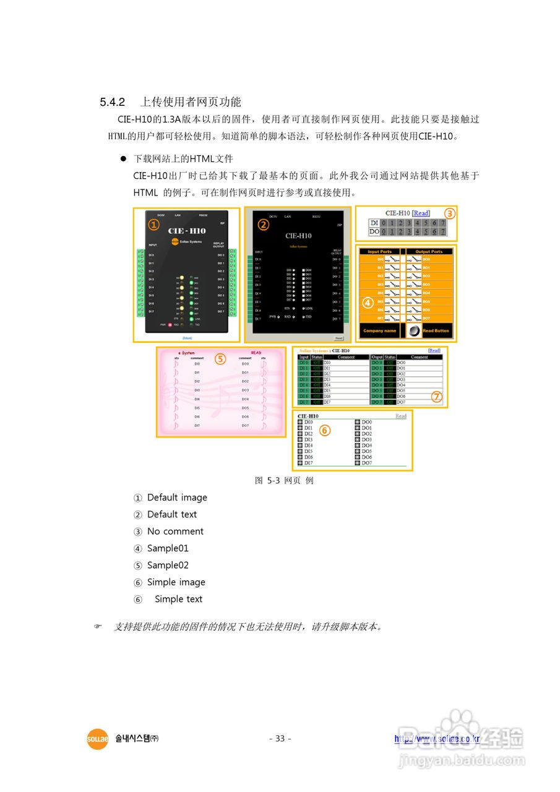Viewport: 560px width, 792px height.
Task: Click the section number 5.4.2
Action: [x=113, y=102]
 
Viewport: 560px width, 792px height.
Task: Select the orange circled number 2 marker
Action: [x=264, y=225]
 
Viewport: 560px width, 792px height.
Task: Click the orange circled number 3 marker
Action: [x=450, y=213]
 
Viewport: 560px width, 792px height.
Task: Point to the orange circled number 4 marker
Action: [x=368, y=303]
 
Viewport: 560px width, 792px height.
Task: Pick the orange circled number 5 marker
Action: [x=219, y=358]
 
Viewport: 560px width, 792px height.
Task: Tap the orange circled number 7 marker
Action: [x=437, y=397]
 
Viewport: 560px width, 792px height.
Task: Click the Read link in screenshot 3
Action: [x=421, y=213]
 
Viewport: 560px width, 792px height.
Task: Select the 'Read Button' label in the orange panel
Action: [x=436, y=331]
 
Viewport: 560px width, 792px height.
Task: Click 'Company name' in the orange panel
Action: [x=379, y=331]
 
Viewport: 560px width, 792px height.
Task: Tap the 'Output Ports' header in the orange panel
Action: [x=429, y=252]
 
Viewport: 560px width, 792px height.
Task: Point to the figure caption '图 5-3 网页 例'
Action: [x=284, y=480]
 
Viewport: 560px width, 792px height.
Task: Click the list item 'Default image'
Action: [x=177, y=497]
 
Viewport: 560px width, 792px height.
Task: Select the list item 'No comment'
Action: [x=175, y=532]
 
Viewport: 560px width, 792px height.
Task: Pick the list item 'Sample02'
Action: [x=168, y=566]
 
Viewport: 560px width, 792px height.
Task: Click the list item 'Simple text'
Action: [x=178, y=599]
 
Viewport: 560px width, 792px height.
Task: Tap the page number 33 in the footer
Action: [x=280, y=739]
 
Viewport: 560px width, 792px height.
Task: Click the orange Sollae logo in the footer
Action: [x=97, y=739]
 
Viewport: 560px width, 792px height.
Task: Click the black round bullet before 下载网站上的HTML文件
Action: [x=123, y=159]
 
